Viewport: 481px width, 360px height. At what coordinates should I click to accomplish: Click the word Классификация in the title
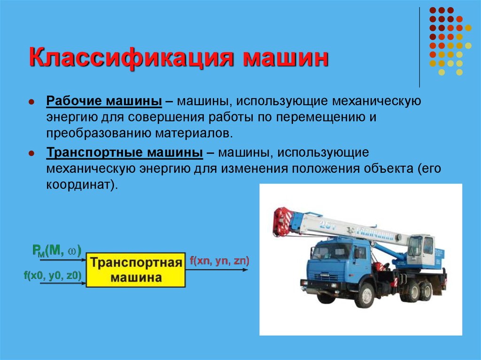click(132, 58)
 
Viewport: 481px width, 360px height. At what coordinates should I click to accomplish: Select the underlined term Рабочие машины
click(104, 101)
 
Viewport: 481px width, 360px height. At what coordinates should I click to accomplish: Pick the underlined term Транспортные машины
click(124, 153)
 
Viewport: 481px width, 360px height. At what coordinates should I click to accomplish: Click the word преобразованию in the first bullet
click(99, 133)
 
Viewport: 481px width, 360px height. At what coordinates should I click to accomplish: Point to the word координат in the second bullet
click(78, 184)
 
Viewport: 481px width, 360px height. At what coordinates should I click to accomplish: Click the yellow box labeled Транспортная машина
click(136, 270)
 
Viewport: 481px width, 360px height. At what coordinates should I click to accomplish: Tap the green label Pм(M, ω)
click(57, 251)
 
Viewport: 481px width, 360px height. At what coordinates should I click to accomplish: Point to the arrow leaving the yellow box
click(217, 270)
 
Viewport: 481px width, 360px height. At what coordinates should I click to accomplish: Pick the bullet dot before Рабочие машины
click(31, 102)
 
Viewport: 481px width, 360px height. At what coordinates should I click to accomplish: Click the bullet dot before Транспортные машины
click(31, 153)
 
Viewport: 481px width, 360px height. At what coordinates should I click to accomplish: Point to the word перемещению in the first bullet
click(319, 117)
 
